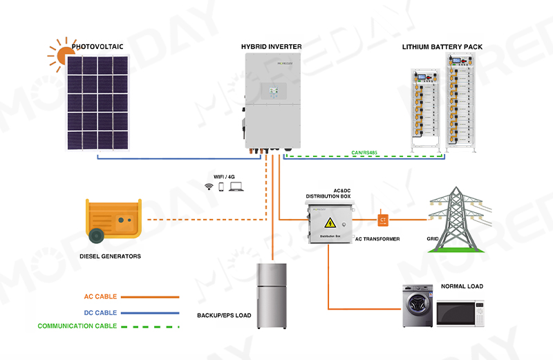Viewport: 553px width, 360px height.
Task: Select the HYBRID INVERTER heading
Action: coord(271,47)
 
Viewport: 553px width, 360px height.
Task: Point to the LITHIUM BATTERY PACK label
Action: coord(442,47)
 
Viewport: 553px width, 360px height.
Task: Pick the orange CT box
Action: coord(383,220)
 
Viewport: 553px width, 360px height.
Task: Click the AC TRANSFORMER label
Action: coord(377,238)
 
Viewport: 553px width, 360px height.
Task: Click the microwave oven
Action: coord(460,313)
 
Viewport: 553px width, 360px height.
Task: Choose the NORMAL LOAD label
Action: coord(462,286)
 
